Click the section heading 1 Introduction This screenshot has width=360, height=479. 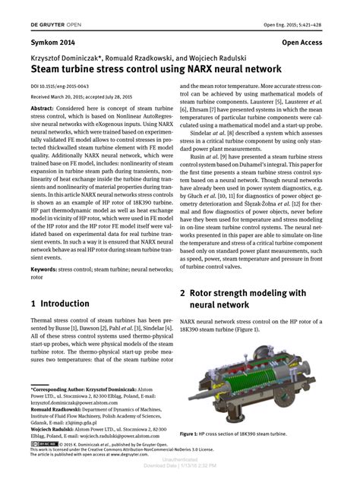60,303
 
